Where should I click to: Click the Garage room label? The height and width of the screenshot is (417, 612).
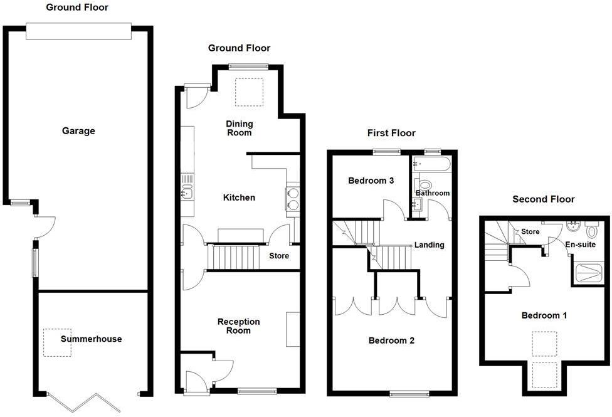[x=78, y=131]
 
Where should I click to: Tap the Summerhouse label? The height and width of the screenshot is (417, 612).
[x=92, y=339]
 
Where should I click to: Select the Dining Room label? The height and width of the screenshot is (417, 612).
[x=239, y=129]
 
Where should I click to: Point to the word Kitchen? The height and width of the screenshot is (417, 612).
[x=240, y=198]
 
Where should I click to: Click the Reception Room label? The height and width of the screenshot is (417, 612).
[x=238, y=326]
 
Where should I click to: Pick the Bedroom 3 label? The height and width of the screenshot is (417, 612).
[x=371, y=181]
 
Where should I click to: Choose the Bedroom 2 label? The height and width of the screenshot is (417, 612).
[x=391, y=341]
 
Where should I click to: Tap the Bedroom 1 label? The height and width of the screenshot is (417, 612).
[x=544, y=315]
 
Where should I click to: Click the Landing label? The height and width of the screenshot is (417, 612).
[x=430, y=245]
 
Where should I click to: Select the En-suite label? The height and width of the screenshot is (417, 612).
[x=581, y=245]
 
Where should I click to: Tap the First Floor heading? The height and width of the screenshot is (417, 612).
[x=391, y=133]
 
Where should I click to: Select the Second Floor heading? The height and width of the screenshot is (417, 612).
[x=544, y=199]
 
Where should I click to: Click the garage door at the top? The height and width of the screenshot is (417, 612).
[x=78, y=31]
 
